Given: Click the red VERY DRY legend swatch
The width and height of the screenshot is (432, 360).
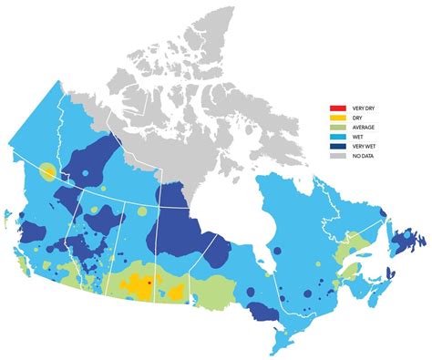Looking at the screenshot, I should pos(336,109).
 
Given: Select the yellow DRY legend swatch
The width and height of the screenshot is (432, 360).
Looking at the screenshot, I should pos(336,118).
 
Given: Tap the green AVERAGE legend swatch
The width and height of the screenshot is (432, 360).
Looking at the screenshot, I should pos(336,128).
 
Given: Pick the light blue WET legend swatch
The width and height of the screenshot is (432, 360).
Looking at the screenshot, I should pos(336,137).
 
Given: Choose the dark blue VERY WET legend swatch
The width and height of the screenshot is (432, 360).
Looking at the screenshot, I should pos(336,146).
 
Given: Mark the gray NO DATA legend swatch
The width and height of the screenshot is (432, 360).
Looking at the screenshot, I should pos(336,156).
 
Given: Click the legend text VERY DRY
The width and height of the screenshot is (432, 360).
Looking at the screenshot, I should pos(359,109).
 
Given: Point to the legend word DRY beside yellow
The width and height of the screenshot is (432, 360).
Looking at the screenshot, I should pos(354,118).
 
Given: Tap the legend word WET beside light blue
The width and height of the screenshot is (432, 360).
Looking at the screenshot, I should pos(354,137).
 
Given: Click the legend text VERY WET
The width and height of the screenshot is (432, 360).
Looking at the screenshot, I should pos(359,146).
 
